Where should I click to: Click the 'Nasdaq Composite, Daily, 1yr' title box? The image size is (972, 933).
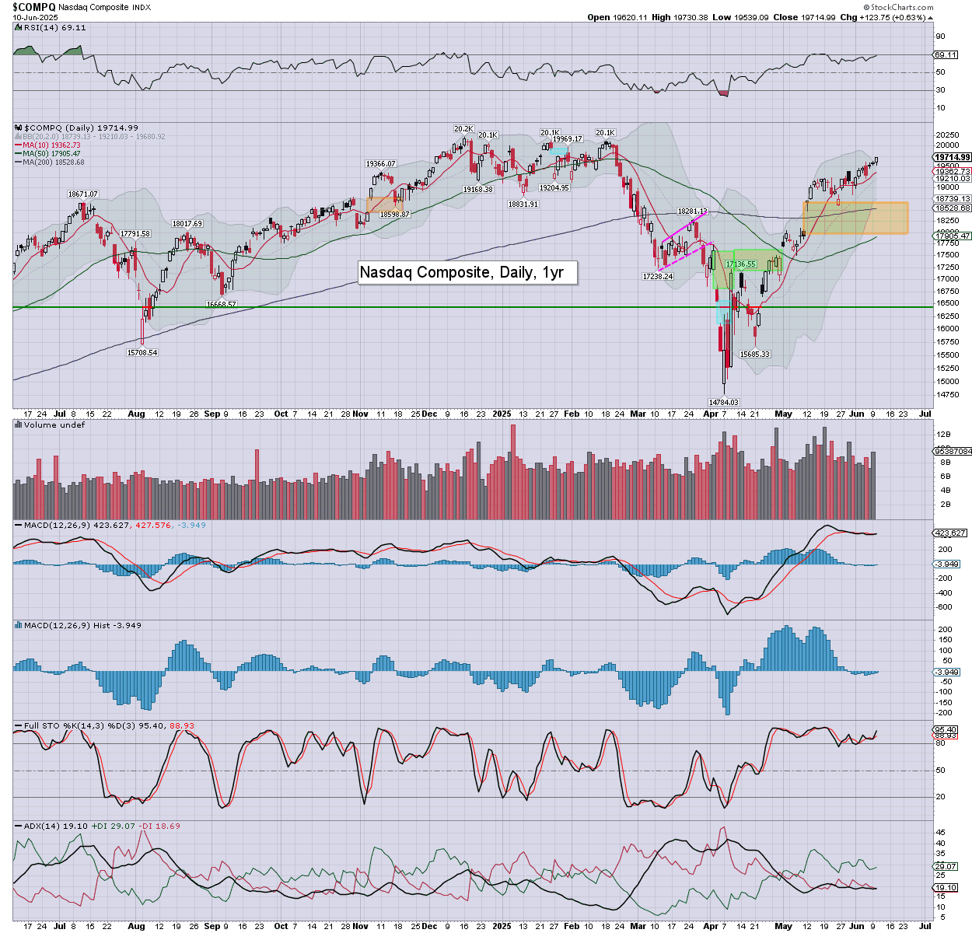[x=467, y=272]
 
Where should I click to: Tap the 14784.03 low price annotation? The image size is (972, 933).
[x=723, y=402]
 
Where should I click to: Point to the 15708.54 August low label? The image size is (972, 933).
[x=142, y=353]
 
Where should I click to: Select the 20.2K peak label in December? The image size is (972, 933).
[x=463, y=129]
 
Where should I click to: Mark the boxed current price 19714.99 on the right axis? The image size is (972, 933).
[x=952, y=157]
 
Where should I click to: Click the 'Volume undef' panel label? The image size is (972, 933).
[x=54, y=425]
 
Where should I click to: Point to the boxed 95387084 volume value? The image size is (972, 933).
[x=952, y=451]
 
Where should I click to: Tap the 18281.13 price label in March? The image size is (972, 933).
[x=692, y=211]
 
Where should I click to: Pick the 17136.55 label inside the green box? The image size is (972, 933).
[x=740, y=264]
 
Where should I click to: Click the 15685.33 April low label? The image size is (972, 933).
[x=754, y=355]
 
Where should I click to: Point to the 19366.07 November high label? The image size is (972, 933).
[x=381, y=164]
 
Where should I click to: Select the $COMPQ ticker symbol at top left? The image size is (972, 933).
[x=33, y=6]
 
